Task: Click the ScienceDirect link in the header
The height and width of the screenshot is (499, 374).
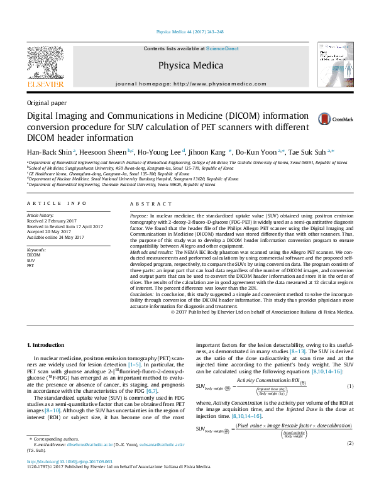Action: tap(223, 48)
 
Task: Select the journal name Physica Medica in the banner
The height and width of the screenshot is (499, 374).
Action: tap(190, 65)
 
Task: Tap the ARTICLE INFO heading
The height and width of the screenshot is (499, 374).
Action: tap(57, 204)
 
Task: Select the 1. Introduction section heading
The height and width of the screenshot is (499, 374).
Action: tap(48, 344)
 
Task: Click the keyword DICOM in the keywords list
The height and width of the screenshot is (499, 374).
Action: tap(33, 255)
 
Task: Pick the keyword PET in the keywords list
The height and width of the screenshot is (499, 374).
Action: tap(30, 266)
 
